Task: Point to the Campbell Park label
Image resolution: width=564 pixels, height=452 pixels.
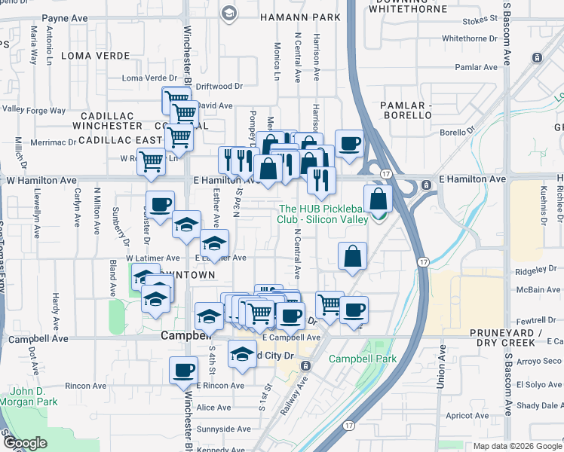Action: coord(363,359)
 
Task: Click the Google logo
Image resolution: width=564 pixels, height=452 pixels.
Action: coord(26,444)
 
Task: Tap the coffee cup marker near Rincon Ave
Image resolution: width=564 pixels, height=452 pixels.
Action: coord(183,370)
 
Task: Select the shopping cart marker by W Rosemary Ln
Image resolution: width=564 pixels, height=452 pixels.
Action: coord(151,160)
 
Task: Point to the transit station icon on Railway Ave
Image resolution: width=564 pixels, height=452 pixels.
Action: coord(305,365)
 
